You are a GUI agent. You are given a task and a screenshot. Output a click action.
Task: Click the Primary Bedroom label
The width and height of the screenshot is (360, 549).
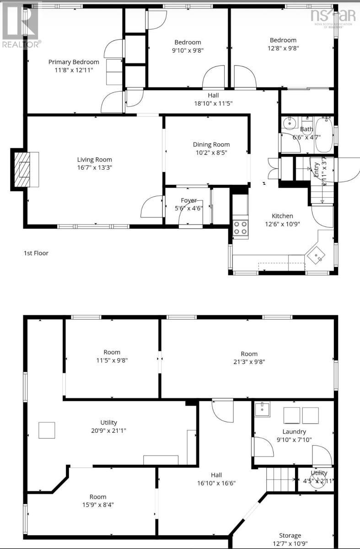click(74, 62)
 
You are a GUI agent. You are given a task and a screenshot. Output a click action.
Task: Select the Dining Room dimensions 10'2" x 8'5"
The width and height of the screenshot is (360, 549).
click(211, 152)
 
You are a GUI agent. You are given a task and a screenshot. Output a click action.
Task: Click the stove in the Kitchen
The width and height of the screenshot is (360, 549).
click(241, 227)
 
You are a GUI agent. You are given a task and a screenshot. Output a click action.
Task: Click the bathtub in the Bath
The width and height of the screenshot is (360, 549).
click(324, 135)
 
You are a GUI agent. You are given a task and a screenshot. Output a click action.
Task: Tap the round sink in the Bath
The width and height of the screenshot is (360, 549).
click(289, 124)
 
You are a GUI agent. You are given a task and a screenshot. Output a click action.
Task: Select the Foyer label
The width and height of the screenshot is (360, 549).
click(188, 200)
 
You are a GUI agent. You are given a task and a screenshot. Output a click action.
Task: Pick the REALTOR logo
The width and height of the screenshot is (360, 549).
click(21, 25)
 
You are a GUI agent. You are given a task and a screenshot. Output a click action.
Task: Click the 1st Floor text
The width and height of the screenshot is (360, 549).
click(36, 253)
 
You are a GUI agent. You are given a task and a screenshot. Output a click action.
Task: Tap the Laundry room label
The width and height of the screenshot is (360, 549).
click(294, 431)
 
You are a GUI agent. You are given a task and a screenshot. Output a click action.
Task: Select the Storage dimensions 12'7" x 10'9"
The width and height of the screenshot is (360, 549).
click(290, 544)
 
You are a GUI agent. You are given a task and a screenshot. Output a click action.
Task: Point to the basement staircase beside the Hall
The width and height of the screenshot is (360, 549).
click(280, 479)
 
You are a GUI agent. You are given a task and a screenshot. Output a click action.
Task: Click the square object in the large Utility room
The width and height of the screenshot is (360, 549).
click(46, 431)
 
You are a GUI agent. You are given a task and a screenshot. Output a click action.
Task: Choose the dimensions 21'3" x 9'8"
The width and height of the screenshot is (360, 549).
click(249, 361)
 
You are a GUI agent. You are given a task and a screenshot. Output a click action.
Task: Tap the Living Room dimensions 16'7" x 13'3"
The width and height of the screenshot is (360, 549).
click(94, 167)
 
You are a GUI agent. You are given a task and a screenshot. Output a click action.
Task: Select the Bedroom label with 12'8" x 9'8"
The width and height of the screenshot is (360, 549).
click(283, 40)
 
